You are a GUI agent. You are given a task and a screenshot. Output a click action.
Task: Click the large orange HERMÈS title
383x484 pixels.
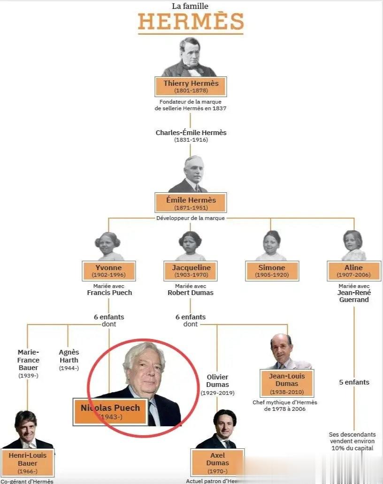tap(191, 22)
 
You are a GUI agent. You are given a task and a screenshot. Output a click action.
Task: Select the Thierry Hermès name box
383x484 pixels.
tap(191, 86)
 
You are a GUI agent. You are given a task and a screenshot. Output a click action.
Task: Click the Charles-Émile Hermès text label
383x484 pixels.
tap(191, 133)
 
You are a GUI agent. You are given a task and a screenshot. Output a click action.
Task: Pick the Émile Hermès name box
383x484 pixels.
tap(191, 203)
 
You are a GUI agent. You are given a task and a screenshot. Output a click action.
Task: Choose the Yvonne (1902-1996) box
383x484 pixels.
tap(109, 271)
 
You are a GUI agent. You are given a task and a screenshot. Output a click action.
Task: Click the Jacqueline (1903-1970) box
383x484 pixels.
tap(191, 271)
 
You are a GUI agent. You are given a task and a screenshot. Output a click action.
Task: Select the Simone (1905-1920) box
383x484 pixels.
tap(272, 271)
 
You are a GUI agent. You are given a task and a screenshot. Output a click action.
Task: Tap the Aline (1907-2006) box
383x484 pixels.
tap(353, 271)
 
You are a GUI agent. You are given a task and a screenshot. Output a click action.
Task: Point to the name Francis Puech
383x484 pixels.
tap(109, 293)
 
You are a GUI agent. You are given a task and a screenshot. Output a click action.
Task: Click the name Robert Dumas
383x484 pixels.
tap(191, 293)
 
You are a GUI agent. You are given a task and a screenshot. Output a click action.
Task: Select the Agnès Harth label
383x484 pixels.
tap(69, 356)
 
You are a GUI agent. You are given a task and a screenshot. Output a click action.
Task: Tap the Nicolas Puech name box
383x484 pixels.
tap(110, 411)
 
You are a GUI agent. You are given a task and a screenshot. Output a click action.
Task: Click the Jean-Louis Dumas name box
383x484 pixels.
tap(287, 383)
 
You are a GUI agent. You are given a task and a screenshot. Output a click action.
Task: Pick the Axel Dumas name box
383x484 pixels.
tap(217, 462)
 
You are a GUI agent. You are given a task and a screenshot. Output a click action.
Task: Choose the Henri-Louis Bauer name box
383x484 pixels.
tap(27, 462)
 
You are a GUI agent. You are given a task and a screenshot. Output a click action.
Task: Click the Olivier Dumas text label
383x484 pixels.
tap(217, 381)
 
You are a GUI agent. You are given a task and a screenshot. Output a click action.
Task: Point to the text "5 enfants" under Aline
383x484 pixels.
tap(354, 382)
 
